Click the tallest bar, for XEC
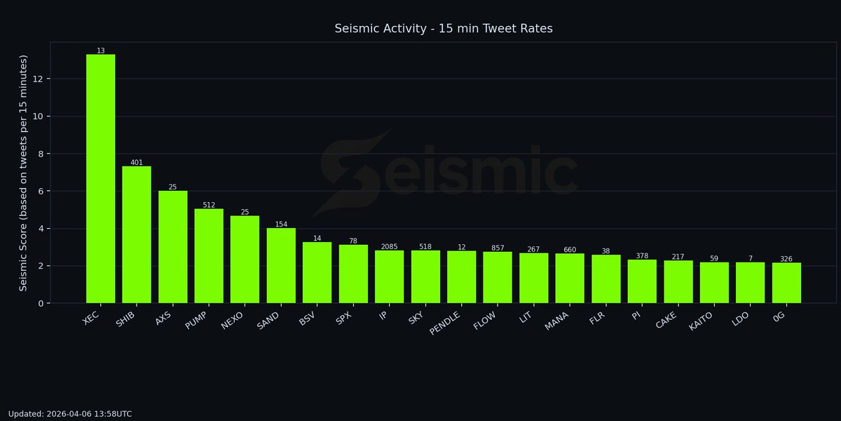100,179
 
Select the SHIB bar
137,235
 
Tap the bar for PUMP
209,256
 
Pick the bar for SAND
281,265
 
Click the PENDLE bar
461,277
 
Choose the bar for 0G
786,283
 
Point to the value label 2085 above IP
389,247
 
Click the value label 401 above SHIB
137,163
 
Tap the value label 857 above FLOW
498,248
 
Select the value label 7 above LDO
750,259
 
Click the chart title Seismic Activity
444,29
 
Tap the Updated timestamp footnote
70,414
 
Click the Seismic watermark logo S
350,172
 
